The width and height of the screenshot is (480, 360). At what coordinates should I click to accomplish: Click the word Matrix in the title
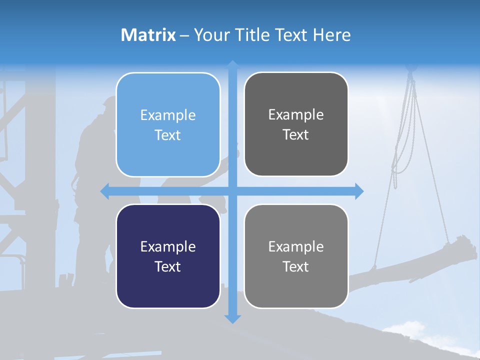pyautogui.click(x=148, y=35)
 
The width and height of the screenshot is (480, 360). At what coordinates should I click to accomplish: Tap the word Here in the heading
pyautogui.click(x=332, y=35)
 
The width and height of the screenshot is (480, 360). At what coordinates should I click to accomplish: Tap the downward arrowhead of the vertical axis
pyautogui.click(x=232, y=318)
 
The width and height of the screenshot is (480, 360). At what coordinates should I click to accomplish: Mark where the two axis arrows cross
pyautogui.click(x=232, y=191)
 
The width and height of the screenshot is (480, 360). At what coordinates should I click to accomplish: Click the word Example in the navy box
pyautogui.click(x=168, y=246)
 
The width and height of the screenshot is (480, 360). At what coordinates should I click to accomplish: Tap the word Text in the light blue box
pyautogui.click(x=168, y=135)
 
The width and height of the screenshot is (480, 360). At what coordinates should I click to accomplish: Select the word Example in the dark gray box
pyautogui.click(x=296, y=114)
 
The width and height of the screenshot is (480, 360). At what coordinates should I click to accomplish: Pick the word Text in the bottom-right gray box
pyautogui.click(x=296, y=266)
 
